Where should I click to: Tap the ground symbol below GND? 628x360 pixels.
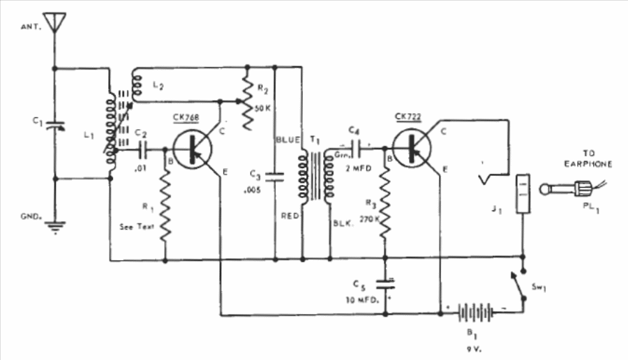point(55,227)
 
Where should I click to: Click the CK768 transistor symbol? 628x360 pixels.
point(193,149)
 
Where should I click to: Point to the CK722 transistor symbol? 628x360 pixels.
point(412,148)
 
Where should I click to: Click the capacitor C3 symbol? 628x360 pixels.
point(275,177)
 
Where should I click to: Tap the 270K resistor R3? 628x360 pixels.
point(385,204)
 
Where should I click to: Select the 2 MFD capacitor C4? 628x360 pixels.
point(357,149)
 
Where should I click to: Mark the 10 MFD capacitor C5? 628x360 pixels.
point(385,285)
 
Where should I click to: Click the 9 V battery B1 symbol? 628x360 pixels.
point(475,313)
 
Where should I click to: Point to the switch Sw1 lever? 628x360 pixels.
point(516,285)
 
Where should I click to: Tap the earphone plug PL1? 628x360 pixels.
point(573,188)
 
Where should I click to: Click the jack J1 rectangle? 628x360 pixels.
point(523,194)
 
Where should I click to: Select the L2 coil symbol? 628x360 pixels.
point(137,86)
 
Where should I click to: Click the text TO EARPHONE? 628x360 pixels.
point(588,158)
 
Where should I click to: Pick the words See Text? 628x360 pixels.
point(137,227)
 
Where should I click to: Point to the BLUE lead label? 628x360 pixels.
point(288,140)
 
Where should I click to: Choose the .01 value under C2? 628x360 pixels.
point(140,168)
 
